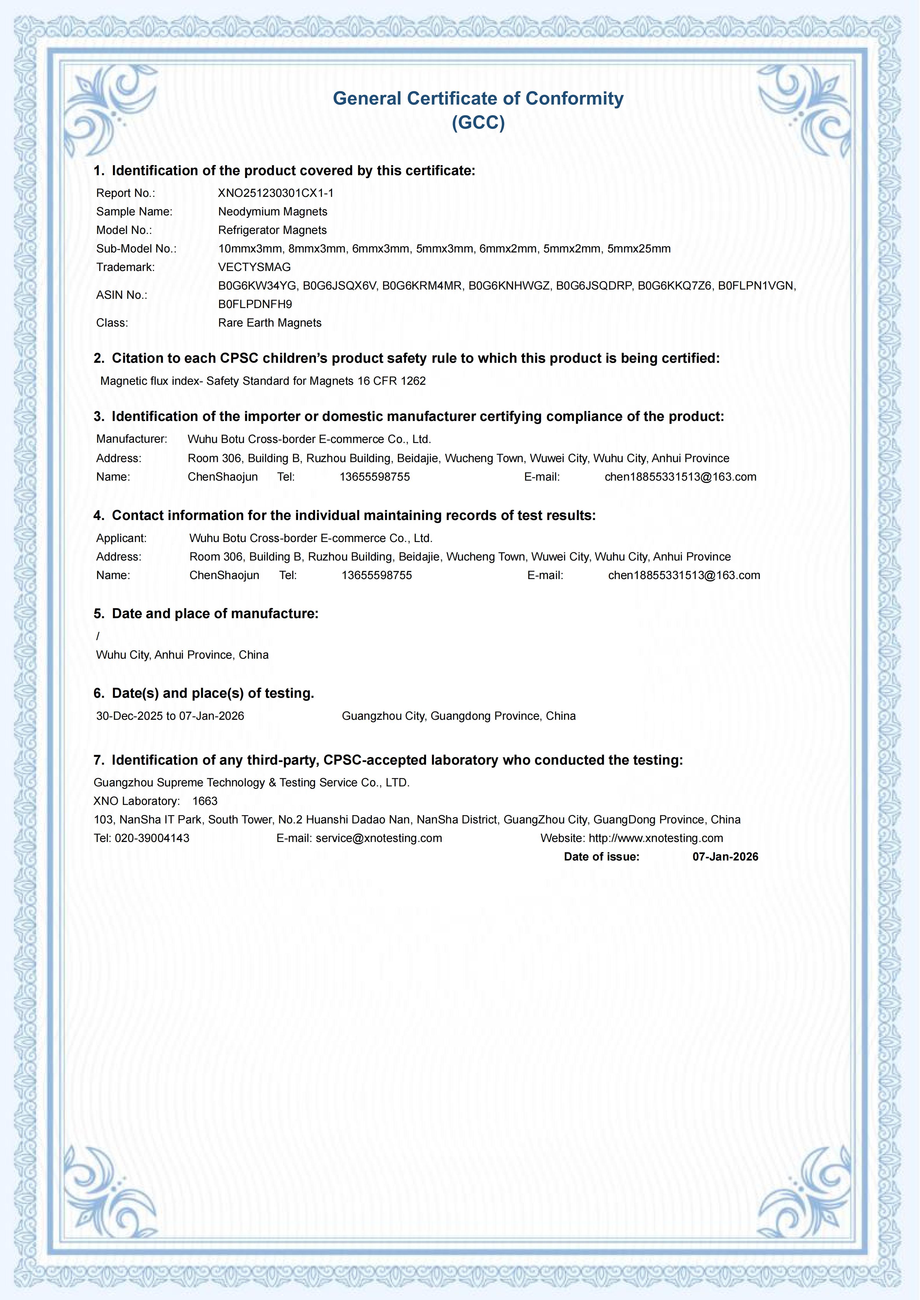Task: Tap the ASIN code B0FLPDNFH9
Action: (255, 304)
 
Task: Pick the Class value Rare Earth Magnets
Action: (270, 323)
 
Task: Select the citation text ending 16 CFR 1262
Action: (263, 381)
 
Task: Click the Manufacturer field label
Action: (132, 439)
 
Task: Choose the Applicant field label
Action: (121, 538)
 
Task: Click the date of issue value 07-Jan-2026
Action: (725, 857)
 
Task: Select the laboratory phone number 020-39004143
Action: (152, 838)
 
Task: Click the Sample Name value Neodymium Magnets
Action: (272, 212)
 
